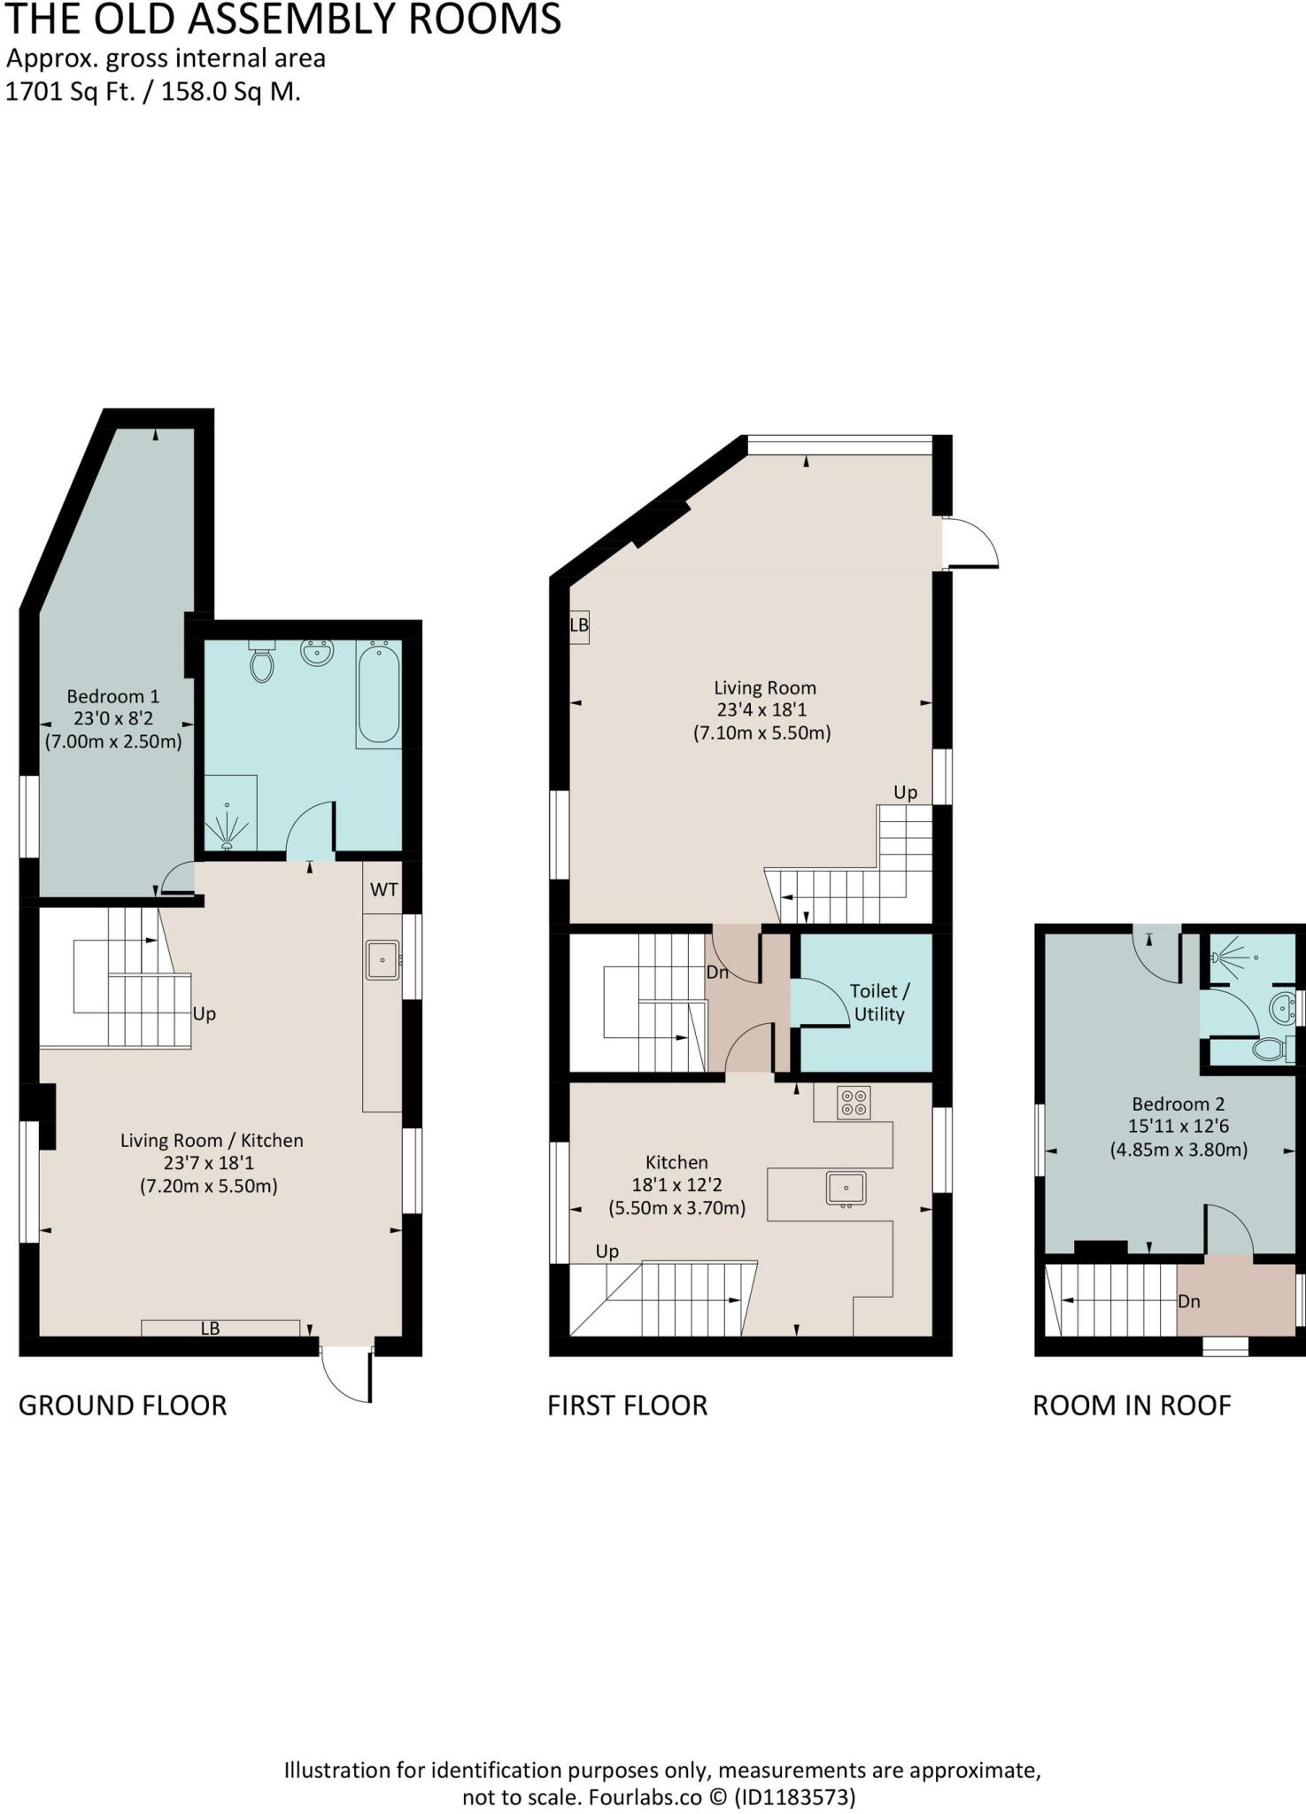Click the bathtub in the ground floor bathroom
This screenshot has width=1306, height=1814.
(378, 694)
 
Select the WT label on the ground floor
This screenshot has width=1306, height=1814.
(383, 889)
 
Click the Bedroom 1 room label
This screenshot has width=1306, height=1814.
(112, 696)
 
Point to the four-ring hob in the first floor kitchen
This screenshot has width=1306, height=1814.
(854, 1103)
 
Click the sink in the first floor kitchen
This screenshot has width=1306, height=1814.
(846, 1188)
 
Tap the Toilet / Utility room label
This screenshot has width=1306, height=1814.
(878, 1003)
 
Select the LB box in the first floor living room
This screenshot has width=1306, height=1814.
(579, 626)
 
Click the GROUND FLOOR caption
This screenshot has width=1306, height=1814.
(122, 1405)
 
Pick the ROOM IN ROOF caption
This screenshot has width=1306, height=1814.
(1132, 1405)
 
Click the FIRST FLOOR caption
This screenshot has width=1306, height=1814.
(627, 1405)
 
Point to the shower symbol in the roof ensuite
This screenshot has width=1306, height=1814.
(1226, 957)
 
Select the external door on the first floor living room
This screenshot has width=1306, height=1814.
(970, 542)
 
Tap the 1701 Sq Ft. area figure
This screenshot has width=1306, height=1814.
(71, 92)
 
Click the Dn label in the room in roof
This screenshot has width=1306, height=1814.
(1188, 1301)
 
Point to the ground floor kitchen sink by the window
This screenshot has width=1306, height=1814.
(383, 960)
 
